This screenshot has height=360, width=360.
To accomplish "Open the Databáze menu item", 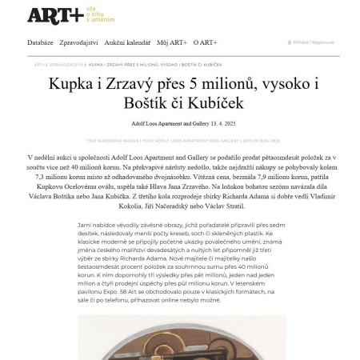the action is (x=40, y=42).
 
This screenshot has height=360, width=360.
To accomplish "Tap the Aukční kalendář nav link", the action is (x=128, y=42).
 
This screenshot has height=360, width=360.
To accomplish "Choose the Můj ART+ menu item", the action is (x=172, y=42).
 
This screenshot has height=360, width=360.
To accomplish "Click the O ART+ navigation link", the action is (x=206, y=42).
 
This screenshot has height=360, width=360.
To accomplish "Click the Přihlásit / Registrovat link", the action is (x=313, y=42).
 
